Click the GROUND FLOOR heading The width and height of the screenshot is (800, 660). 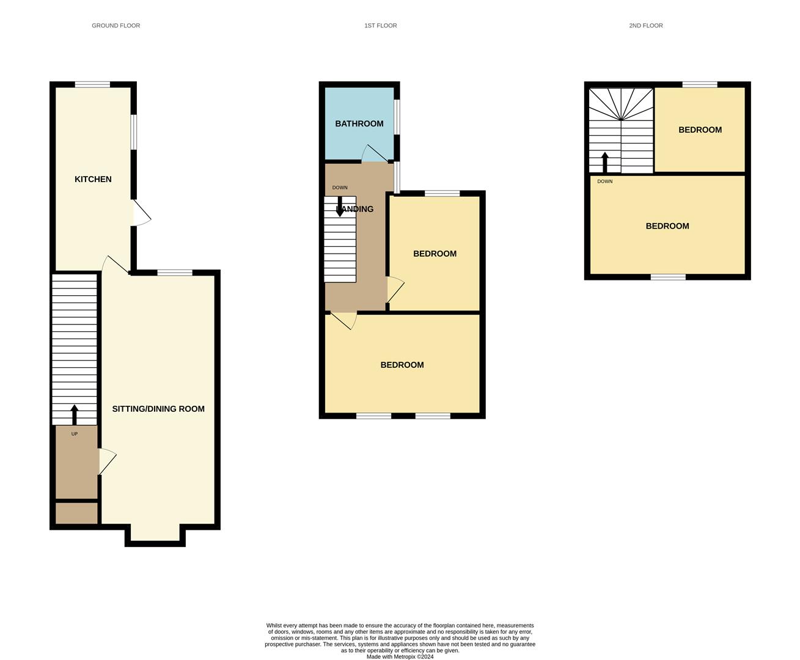(x=116, y=26)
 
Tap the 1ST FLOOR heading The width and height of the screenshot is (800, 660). (x=381, y=26)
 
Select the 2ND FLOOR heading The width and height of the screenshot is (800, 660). (x=646, y=26)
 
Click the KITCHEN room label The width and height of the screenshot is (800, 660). (x=93, y=179)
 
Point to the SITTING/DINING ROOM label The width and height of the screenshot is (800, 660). (x=158, y=409)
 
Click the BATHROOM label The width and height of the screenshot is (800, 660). (x=359, y=123)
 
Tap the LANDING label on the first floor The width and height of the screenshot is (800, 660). (x=354, y=209)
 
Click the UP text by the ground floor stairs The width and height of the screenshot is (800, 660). (x=75, y=434)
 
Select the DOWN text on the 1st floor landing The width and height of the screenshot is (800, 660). (x=340, y=188)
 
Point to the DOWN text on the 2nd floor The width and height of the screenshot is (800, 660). (x=605, y=181)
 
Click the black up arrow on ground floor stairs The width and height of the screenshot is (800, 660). (x=75, y=415)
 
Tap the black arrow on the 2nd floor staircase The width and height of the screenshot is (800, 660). (x=605, y=163)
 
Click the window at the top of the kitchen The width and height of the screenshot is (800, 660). (x=92, y=84)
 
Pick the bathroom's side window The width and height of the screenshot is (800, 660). (x=397, y=117)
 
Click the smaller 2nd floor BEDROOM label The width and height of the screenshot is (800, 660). (x=700, y=130)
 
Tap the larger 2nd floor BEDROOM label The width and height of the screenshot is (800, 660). (x=667, y=226)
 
